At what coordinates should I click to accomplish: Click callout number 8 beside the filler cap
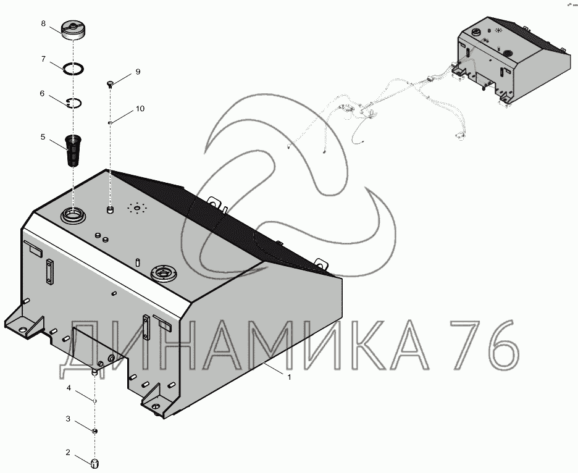pyautogui.click(x=43, y=23)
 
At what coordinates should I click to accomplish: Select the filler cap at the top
pyautogui.click(x=73, y=31)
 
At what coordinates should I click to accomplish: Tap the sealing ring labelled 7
pyautogui.click(x=73, y=69)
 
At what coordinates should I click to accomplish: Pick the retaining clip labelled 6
pyautogui.click(x=74, y=103)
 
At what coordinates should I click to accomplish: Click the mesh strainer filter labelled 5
pyautogui.click(x=73, y=151)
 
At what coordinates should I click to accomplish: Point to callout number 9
pyautogui.click(x=138, y=72)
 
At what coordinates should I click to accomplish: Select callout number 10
pyautogui.click(x=140, y=109)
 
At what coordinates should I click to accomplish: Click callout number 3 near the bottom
pyautogui.click(x=68, y=419)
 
